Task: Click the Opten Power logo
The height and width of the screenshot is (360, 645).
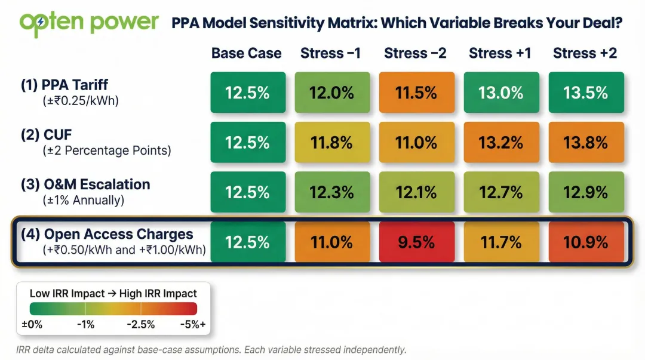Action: [x=89, y=23]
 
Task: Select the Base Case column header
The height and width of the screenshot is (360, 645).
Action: [x=246, y=53]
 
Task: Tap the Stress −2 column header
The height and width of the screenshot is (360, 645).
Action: [x=415, y=53]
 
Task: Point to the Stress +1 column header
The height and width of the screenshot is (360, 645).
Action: [x=500, y=53]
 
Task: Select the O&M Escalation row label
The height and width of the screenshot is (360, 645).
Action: [x=85, y=184]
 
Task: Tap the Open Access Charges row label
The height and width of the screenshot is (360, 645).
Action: [x=107, y=235]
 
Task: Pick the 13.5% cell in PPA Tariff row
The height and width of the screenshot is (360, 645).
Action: [x=585, y=93]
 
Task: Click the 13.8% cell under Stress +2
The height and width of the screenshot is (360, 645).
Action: [x=585, y=142]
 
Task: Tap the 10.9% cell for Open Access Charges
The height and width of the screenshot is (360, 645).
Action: [x=585, y=242]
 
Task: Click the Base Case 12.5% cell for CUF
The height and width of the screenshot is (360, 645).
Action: [x=247, y=142]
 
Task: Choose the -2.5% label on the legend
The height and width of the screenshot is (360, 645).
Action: [x=141, y=324]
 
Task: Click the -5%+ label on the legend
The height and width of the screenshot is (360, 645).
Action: [x=192, y=324]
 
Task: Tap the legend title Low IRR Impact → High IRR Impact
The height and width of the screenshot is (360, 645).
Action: [x=113, y=293]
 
